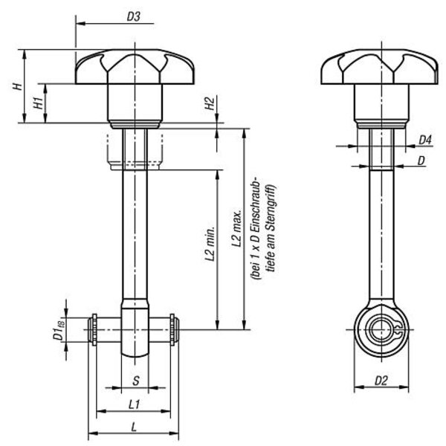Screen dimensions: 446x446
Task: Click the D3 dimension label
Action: [133, 17]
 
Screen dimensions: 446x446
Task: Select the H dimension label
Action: [18, 86]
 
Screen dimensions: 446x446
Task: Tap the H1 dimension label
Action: [39, 103]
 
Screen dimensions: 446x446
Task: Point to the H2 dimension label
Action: [210, 103]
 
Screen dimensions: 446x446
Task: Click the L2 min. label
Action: [210, 240]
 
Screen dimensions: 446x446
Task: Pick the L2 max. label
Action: [236, 228]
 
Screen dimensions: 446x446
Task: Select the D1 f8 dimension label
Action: [59, 329]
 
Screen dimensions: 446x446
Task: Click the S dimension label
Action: [136, 381]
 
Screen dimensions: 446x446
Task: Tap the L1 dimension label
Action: [134, 404]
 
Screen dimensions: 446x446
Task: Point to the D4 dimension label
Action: [425, 140]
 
